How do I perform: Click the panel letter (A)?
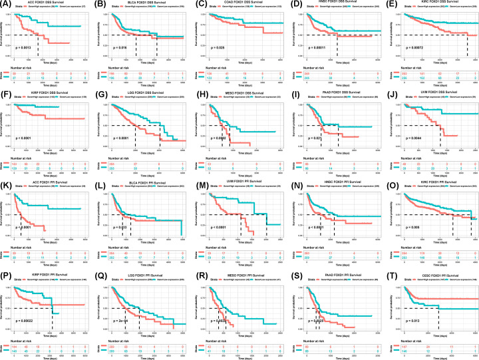pos(5,3)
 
